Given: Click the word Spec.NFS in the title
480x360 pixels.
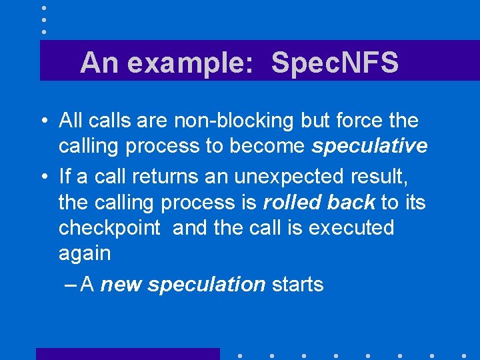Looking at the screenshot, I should pyautogui.click(x=335, y=63).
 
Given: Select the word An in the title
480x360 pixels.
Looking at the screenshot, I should pyautogui.click(x=99, y=63).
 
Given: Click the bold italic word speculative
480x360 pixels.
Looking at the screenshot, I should pyautogui.click(x=369, y=147).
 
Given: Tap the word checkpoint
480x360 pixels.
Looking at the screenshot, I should pyautogui.click(x=109, y=228).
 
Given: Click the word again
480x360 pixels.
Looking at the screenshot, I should pyautogui.click(x=85, y=253).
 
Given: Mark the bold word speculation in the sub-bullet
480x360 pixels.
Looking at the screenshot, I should pyautogui.click(x=207, y=285).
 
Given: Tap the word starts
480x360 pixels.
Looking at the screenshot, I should pyautogui.click(x=297, y=285).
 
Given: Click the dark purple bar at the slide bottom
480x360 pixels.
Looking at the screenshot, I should pyautogui.click(x=127, y=354).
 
